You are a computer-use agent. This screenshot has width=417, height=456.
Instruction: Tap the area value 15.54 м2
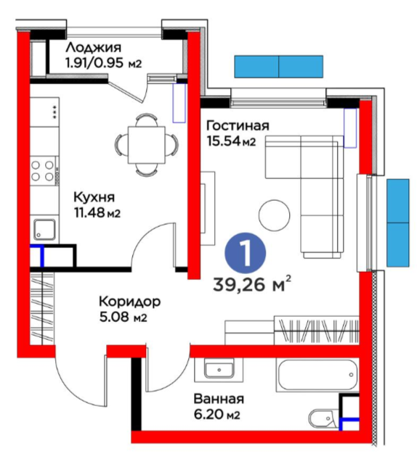click(230, 141)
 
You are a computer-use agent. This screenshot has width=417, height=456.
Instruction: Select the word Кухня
click(94, 196)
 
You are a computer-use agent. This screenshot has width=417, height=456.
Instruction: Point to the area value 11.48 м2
click(97, 212)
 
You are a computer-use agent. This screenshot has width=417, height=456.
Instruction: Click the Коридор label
click(130, 301)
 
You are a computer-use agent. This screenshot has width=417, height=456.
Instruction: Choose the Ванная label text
click(218, 399)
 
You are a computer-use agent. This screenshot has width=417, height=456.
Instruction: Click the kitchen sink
click(44, 229)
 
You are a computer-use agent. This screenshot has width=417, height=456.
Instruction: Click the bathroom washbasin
click(218, 370)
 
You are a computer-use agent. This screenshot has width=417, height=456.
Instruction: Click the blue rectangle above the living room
click(279, 66)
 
